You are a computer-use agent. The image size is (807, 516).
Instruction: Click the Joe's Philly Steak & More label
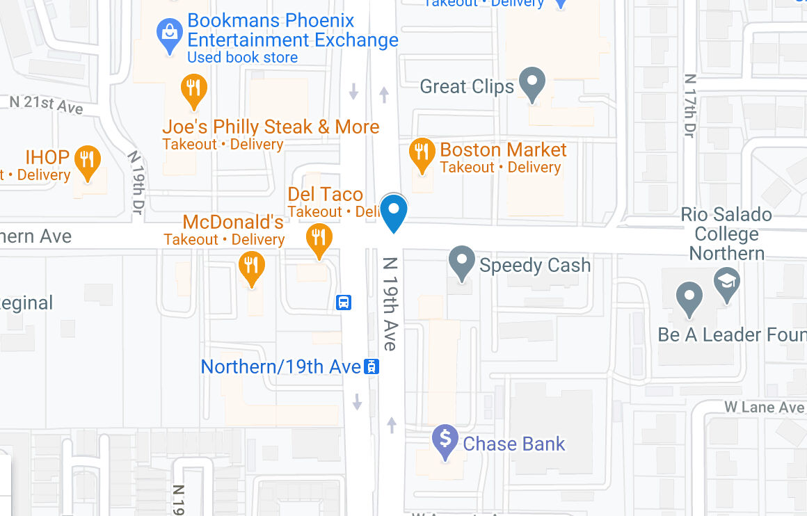pos(271,127)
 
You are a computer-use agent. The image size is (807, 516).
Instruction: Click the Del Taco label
pos(326,194)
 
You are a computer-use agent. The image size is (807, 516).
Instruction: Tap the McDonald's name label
pos(233,223)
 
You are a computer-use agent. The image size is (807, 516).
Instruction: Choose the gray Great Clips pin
pos(532,83)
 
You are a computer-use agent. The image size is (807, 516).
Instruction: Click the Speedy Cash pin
pos(462,262)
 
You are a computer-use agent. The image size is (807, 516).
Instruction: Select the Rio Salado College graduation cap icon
pos(727,284)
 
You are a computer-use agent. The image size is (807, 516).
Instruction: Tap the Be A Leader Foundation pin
pos(689,298)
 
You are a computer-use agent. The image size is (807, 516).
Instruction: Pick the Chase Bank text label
pos(514,444)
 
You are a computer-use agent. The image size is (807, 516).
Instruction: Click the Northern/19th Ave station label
pos(280,366)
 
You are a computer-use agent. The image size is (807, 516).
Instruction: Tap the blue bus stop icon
pos(344,303)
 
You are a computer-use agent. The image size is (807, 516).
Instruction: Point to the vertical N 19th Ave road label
pos(390,304)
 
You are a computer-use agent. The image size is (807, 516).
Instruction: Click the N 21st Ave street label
pos(46,105)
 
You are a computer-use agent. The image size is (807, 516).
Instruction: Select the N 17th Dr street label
pos(689,105)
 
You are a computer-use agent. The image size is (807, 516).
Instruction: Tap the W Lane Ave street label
pos(764,407)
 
